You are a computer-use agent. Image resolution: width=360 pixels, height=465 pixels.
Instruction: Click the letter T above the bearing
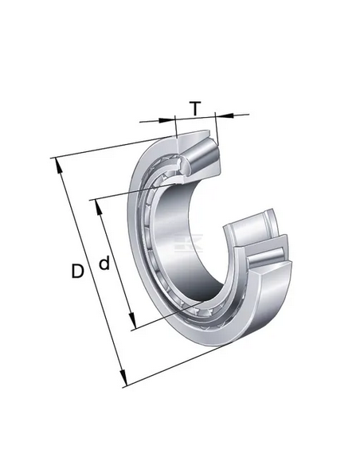click(x=195, y=108)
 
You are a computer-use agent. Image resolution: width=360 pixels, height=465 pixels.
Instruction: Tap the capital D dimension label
click(x=77, y=271)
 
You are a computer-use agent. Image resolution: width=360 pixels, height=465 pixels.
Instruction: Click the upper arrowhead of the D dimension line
click(x=58, y=165)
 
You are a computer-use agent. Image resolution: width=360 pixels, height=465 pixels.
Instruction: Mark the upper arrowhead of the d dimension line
click(x=98, y=207)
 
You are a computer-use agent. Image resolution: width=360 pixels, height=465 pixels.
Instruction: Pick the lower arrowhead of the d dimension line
click(x=132, y=322)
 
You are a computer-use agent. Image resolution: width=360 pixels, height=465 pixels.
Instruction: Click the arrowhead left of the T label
click(x=166, y=119)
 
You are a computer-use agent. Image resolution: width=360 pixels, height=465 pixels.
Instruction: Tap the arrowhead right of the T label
click(x=224, y=115)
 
